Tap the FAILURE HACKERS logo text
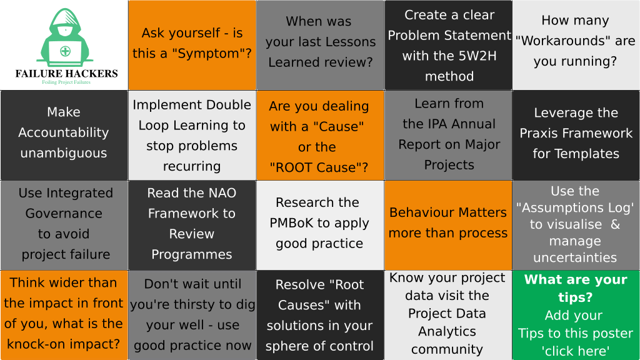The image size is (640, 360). (66, 74)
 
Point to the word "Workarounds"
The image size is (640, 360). (563, 41)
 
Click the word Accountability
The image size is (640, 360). (64, 132)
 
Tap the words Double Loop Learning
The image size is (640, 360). (192, 115)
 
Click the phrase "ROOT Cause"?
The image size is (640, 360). (319, 167)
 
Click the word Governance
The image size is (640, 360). (64, 213)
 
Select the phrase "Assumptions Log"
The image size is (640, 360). (575, 207)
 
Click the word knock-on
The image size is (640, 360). (36, 344)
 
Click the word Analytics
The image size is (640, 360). (447, 331)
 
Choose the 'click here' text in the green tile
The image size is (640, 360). (576, 351)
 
